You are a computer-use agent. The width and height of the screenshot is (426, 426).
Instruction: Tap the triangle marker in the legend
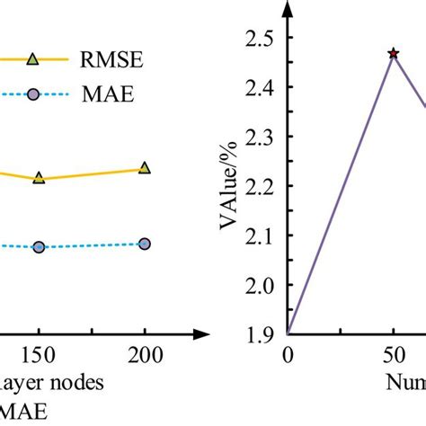click(x=33, y=59)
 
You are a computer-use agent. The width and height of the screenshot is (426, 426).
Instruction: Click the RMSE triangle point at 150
click(x=39, y=178)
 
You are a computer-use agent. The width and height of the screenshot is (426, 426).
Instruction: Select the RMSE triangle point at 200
click(x=145, y=168)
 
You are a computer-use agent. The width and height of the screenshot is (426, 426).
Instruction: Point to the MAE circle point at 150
click(x=39, y=246)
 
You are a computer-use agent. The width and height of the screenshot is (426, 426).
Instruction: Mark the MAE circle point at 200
click(x=145, y=244)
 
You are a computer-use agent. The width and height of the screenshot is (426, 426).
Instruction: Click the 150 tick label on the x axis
click(x=39, y=355)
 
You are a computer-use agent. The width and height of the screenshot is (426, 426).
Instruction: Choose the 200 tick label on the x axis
click(x=145, y=355)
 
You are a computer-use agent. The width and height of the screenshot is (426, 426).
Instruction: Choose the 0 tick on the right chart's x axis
click(x=288, y=355)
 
